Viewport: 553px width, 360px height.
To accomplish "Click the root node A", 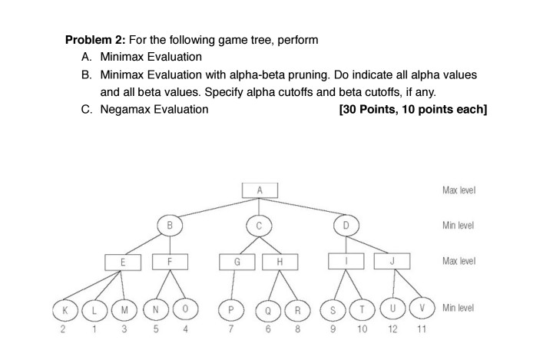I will [x=259, y=190].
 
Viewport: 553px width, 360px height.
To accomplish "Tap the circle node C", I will [x=259, y=226].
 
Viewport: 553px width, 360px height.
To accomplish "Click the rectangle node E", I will [x=123, y=263].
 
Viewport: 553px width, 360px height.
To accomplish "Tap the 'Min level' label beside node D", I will [x=459, y=226].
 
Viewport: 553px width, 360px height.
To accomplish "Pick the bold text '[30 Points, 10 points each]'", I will [x=412, y=109].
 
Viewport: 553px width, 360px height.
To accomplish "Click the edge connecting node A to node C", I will [x=259, y=207].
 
